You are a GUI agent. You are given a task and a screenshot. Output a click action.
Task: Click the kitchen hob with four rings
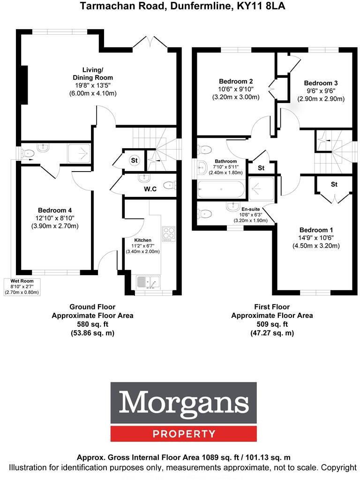tap(168, 233)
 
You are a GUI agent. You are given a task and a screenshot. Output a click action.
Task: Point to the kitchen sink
tap(148, 282)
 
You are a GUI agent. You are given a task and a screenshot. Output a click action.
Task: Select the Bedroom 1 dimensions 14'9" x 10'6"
tap(316, 238)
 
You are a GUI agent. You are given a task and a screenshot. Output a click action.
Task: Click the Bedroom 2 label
tap(236, 81)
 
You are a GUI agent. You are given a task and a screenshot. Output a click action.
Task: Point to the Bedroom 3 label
tap(321, 83)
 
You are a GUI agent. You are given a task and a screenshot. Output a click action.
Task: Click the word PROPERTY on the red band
tap(184, 434)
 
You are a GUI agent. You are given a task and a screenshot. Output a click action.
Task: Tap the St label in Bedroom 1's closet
tap(334, 184)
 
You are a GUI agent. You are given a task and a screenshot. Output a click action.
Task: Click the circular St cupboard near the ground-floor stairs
tap(135, 161)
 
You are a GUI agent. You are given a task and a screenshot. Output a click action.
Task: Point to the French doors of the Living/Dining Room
tap(150, 42)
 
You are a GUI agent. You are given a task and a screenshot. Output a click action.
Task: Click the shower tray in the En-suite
tap(261, 188)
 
